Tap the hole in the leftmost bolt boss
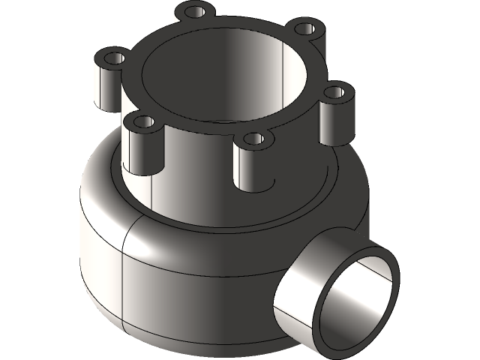click(x=114, y=57)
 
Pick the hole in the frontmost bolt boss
click(x=254, y=139)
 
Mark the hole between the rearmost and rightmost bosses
click(x=304, y=28)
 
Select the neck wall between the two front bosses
click(x=195, y=165)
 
